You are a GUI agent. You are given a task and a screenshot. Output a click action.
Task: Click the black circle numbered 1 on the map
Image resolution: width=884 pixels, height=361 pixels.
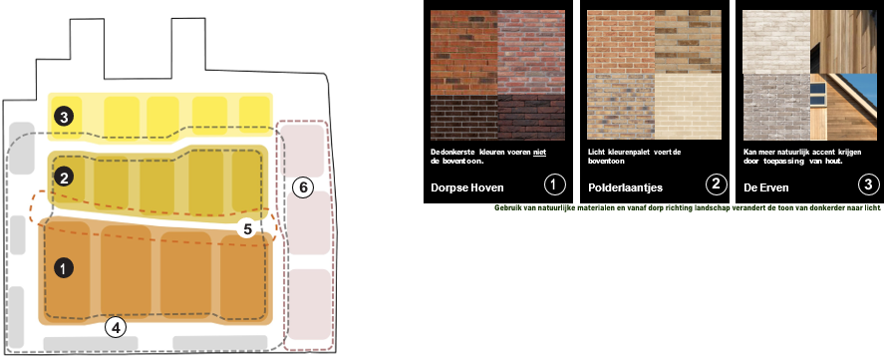[64, 268]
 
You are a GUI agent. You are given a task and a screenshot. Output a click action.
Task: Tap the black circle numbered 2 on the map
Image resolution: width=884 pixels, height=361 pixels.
[64, 178]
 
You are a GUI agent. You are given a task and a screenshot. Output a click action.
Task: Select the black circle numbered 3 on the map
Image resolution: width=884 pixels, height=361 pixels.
[64, 117]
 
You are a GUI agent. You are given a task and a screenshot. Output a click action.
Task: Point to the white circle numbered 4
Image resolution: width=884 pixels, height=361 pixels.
[116, 327]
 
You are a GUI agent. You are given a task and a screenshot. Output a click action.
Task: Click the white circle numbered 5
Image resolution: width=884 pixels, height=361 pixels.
[247, 229]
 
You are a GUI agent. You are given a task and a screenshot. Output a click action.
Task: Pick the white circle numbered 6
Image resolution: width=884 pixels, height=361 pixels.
[303, 187]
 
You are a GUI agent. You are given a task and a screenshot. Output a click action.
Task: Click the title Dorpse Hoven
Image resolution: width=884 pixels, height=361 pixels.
[467, 187]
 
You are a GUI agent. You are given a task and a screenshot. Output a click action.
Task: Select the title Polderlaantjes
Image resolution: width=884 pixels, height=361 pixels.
[625, 187]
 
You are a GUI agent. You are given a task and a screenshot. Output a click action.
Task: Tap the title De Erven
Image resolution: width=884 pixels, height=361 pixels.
[766, 187]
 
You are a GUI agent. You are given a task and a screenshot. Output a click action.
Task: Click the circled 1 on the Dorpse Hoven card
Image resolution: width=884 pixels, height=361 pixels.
[555, 183]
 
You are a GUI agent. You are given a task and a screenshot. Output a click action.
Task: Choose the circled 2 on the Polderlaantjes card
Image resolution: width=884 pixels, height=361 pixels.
[716, 183]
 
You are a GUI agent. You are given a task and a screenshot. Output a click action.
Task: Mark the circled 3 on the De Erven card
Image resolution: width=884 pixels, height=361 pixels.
[868, 183]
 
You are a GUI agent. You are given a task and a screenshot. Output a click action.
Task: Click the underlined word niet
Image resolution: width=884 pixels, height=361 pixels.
[539, 153]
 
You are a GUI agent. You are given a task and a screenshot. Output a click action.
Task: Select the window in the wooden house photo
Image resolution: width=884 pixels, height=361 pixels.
[817, 94]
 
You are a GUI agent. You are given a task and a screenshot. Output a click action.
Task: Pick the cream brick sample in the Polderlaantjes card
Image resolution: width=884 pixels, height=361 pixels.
[688, 107]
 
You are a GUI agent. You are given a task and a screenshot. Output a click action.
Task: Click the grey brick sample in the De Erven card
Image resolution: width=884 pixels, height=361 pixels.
[776, 107]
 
